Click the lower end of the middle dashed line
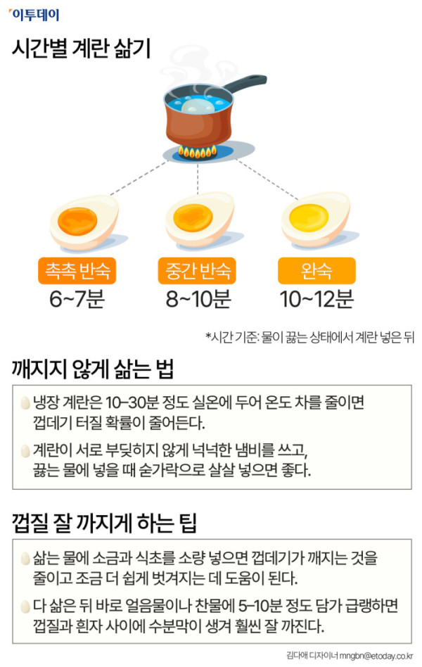coord(198,194)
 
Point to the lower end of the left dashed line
coord(110,195)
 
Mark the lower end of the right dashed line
coord(298,198)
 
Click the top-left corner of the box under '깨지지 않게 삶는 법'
coord(13,386)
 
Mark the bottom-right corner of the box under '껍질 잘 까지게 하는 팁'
coord(411,643)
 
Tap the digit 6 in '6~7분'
coord(56,299)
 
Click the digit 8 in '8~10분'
coord(172,299)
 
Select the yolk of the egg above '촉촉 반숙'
coord(77,221)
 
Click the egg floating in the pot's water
coord(198,105)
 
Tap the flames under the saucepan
coord(197,151)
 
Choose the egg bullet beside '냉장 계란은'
coord(25,402)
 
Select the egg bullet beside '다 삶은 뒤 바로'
coord(25,606)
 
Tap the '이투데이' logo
coord(34,15)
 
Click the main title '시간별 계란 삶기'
coord(82,48)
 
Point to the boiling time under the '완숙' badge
coord(316,299)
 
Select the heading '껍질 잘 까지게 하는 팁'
coord(104,523)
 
